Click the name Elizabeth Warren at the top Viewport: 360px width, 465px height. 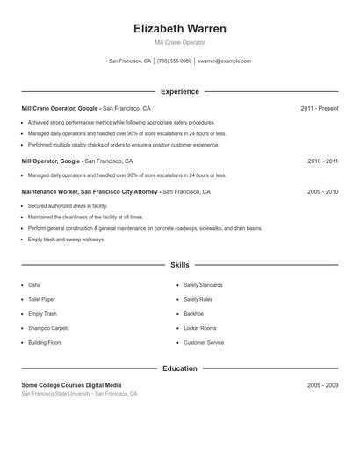point(179,29)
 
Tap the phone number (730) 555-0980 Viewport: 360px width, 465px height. point(175,61)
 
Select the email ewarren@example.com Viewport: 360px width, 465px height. point(224,61)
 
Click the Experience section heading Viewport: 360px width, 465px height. point(179,91)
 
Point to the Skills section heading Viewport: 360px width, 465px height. point(179,264)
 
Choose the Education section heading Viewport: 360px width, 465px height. point(179,368)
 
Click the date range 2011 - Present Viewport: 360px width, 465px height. point(319,108)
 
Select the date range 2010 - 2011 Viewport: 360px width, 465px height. point(322,161)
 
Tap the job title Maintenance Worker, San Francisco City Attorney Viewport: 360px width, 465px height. point(90,190)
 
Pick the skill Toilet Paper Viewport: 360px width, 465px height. point(42,299)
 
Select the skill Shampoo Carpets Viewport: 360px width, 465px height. point(48,328)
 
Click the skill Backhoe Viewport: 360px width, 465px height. point(193,313)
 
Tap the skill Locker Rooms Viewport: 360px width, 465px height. point(199,328)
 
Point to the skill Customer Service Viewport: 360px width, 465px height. point(204,342)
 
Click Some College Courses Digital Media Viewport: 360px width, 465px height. point(72,385)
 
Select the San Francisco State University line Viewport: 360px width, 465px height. point(79,394)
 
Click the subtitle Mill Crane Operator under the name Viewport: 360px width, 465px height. point(179,42)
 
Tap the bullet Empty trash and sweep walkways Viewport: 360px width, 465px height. point(66,239)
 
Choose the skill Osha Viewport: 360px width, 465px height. point(34,285)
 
